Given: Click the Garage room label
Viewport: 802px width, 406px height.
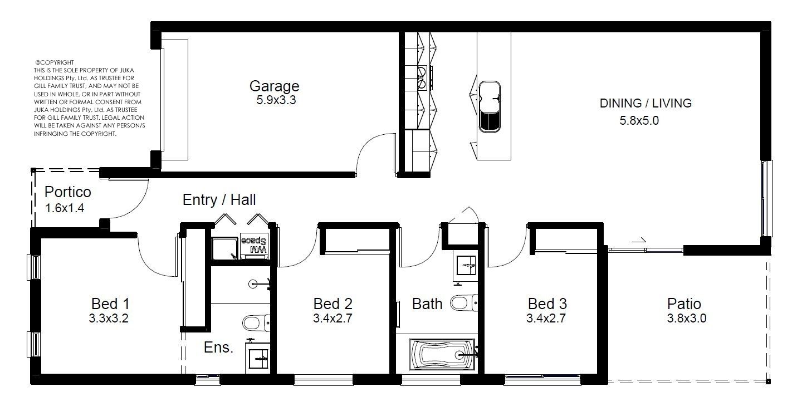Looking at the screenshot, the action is [x=274, y=86].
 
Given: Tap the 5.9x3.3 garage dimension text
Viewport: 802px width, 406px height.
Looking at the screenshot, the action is [x=276, y=100].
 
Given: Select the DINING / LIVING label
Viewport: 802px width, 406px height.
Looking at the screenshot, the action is [x=645, y=103].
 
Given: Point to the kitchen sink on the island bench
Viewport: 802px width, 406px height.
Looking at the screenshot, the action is [x=490, y=106].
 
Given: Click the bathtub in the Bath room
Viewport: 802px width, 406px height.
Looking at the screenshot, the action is [x=442, y=355].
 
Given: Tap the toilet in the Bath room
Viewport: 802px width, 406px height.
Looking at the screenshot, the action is [x=463, y=302].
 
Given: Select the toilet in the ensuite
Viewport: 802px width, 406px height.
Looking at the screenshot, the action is [x=256, y=323].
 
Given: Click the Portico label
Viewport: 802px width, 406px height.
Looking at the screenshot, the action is [x=68, y=192].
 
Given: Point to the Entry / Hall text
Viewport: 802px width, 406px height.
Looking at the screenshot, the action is [x=219, y=200].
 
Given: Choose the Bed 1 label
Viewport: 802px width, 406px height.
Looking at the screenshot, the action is [x=110, y=304].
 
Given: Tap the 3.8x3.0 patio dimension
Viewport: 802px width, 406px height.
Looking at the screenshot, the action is [x=686, y=319].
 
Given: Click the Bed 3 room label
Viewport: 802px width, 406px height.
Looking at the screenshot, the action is [x=547, y=304].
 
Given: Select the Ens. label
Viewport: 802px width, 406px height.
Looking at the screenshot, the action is [x=218, y=348].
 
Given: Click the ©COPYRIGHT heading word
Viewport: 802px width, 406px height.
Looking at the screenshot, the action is [x=55, y=62].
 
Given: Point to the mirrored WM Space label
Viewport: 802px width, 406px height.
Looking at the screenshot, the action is [x=254, y=245].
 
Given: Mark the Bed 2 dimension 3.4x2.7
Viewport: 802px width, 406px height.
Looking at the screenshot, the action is [x=332, y=319].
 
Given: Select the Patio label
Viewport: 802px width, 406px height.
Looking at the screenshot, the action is [x=684, y=304].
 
